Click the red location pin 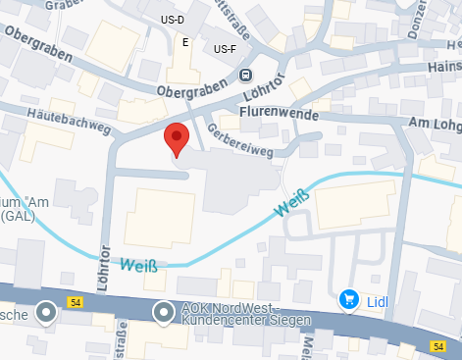point(176,139)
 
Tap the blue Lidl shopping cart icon point(347,300)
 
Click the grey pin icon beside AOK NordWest point(165,313)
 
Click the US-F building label point(225,49)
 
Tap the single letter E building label point(184,42)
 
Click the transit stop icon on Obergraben point(245,75)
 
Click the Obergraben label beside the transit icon point(190,89)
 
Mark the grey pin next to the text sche point(46,313)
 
